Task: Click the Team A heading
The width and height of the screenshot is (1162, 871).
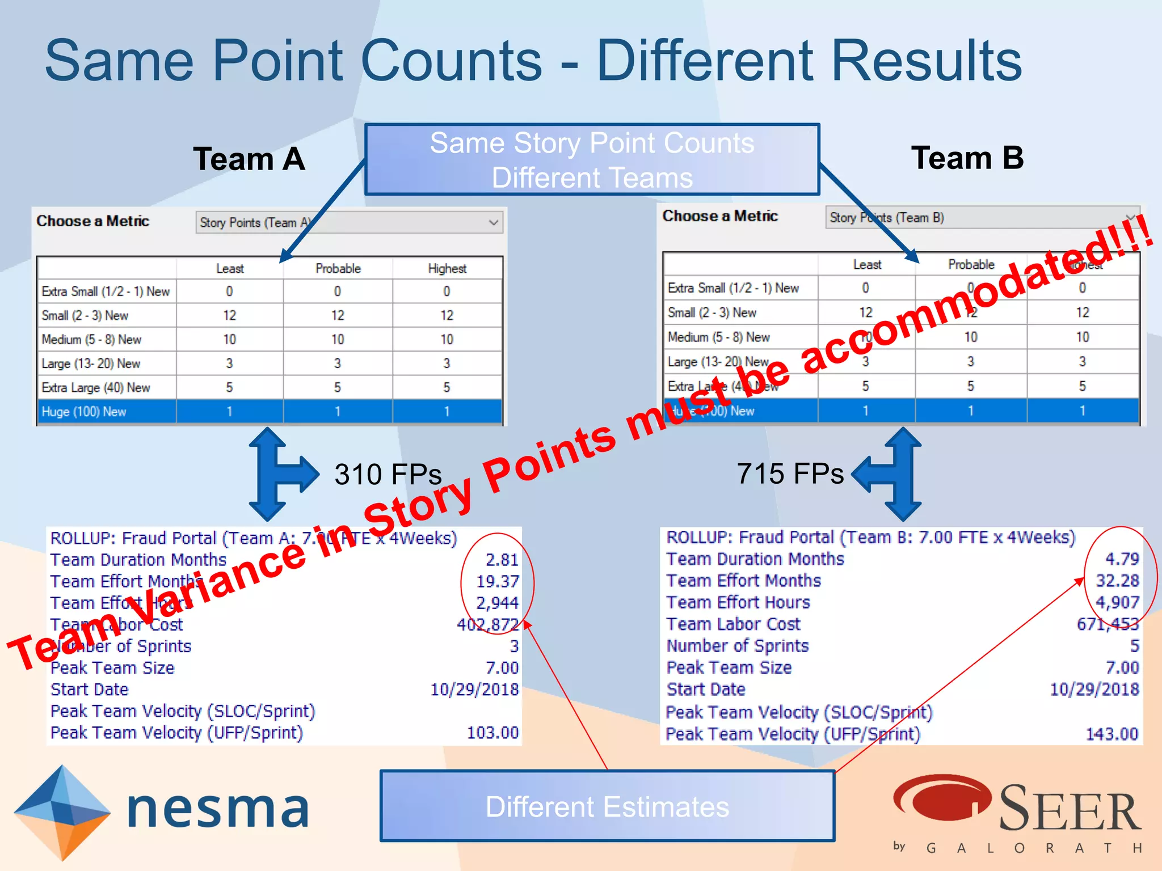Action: [x=249, y=159]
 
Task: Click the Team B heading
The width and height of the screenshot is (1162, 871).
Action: [x=967, y=158]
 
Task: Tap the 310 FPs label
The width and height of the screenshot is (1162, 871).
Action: [x=388, y=474]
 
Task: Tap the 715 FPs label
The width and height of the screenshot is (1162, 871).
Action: [x=790, y=473]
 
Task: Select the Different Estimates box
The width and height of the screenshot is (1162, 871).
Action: [x=607, y=806]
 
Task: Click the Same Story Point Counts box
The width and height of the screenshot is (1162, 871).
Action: [x=592, y=159]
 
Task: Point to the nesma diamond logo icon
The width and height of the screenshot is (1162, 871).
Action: [x=62, y=810]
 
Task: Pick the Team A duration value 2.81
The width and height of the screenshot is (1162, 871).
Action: [x=502, y=560]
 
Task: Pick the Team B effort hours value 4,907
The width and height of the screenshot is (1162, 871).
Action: [x=1117, y=602]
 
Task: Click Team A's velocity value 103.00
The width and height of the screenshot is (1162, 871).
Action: [x=492, y=733]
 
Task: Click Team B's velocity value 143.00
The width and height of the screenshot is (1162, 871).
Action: [x=1112, y=734]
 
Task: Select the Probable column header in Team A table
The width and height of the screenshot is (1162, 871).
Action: [x=338, y=269]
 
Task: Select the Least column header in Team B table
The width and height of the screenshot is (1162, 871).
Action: [x=867, y=265]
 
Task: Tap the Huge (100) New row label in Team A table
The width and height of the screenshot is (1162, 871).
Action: [x=84, y=412]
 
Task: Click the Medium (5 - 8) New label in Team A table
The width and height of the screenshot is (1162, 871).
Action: [x=91, y=340]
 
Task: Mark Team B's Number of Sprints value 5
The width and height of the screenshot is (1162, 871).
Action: [x=1134, y=646]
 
